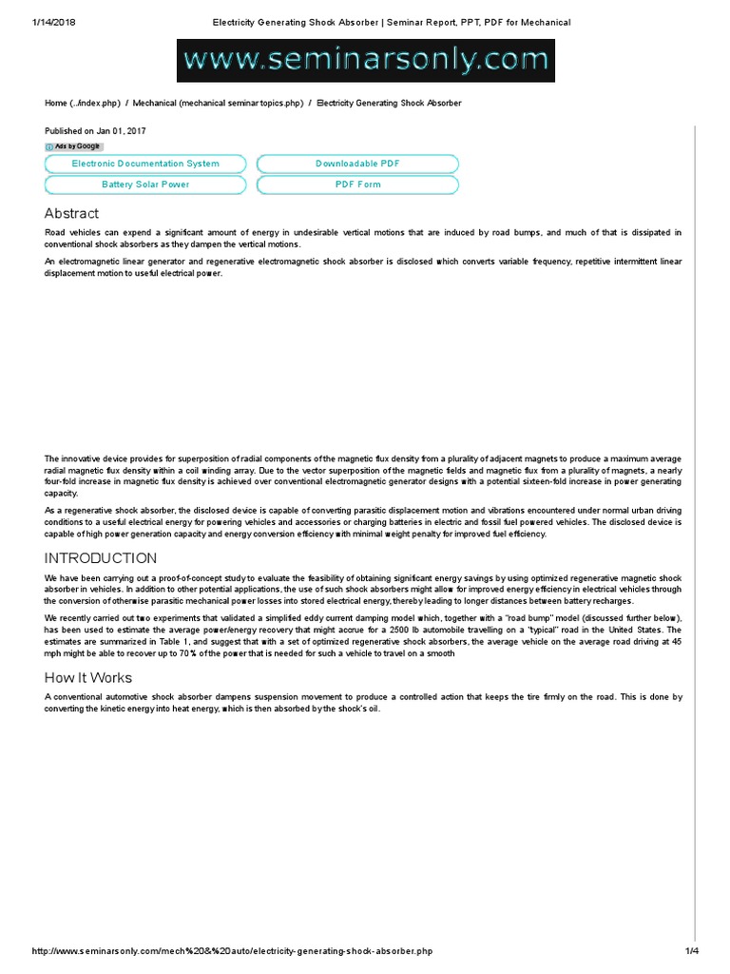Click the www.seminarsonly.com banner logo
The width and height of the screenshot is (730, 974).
[x=366, y=60]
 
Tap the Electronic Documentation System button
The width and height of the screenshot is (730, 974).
[x=145, y=164]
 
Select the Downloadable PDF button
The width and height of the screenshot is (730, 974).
[x=357, y=164]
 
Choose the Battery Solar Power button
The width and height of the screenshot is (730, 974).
[x=145, y=185]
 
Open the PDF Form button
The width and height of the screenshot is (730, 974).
[x=357, y=185]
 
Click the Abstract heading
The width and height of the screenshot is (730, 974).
[x=71, y=213]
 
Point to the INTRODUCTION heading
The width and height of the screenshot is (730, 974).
[x=101, y=558]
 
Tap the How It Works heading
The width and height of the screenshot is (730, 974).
[x=88, y=678]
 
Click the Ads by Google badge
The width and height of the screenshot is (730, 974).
[x=74, y=146]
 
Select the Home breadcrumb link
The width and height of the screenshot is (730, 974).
[x=83, y=103]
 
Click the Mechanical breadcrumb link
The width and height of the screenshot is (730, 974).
[x=218, y=103]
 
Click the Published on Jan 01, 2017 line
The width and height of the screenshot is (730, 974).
[x=95, y=130]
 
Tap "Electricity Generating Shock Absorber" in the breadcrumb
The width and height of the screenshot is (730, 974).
[x=389, y=103]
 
